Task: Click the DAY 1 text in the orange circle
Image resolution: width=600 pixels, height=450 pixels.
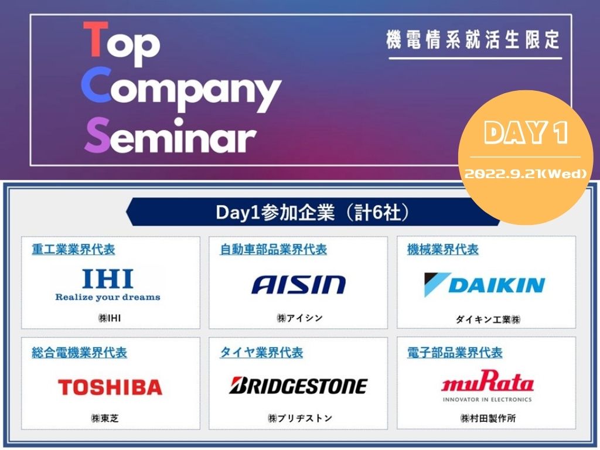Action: click(526, 133)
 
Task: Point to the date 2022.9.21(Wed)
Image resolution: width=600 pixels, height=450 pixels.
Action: click(526, 174)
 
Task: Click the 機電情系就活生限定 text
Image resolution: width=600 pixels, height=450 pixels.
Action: click(473, 40)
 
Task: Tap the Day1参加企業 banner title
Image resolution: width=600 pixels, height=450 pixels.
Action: click(312, 212)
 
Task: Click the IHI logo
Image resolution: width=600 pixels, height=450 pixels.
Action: click(108, 279)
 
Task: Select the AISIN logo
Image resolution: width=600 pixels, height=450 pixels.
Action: click(298, 285)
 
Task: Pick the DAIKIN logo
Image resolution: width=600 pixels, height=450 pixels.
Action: click(485, 285)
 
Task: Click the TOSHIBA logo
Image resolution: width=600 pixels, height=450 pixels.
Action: click(110, 387)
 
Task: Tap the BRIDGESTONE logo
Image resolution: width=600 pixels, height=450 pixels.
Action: click(298, 386)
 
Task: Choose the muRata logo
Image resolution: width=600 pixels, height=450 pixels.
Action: click(487, 381)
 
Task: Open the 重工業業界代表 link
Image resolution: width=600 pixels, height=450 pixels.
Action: click(73, 250)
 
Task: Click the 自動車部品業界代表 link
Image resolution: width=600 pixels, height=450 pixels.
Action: click(273, 250)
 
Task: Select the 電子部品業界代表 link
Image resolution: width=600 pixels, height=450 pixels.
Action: click(455, 353)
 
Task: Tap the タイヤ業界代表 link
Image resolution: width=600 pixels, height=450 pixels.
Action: click(261, 352)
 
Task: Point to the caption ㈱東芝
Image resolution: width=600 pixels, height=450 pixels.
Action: click(105, 418)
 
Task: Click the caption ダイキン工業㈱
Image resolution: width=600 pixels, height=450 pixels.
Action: click(487, 319)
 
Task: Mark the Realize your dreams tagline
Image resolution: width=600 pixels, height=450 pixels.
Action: click(108, 297)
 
